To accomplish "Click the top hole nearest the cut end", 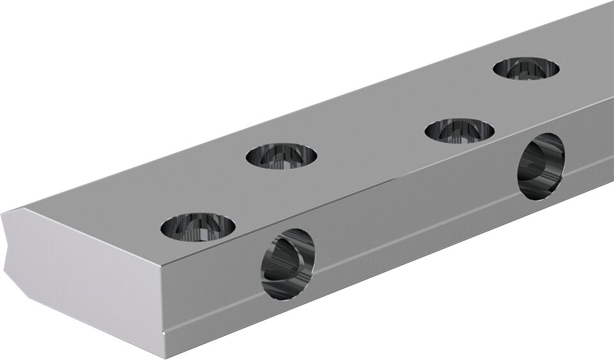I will pyautogui.click(x=198, y=227).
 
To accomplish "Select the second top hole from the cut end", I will pyautogui.click(x=281, y=156).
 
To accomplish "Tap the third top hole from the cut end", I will pyautogui.click(x=459, y=131).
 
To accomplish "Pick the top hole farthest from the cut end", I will pyautogui.click(x=527, y=68).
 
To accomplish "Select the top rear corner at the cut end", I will pyautogui.click(x=26, y=208).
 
